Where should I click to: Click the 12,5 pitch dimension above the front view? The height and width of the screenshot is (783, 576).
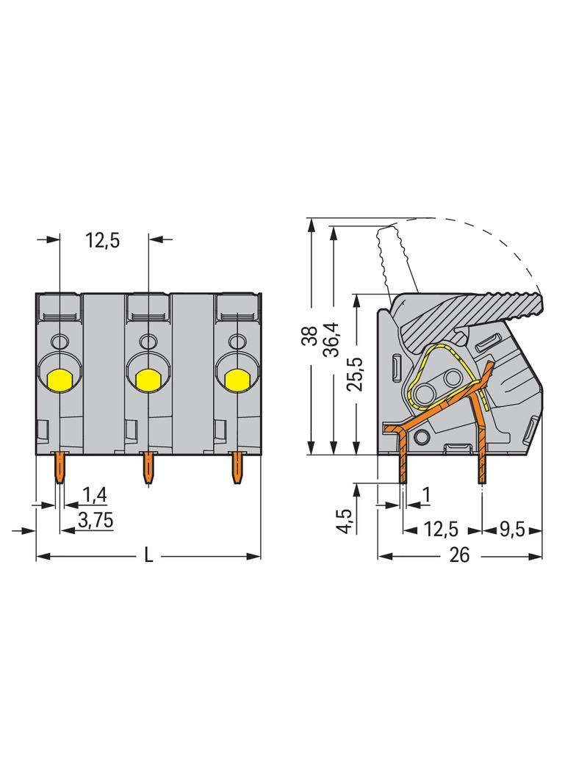(x=102, y=241)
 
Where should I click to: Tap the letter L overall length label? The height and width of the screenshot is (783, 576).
(x=148, y=555)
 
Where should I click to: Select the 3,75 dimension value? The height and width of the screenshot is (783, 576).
(x=96, y=520)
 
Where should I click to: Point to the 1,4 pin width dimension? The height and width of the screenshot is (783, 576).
(x=95, y=495)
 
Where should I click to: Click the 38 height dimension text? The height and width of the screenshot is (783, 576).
(x=310, y=336)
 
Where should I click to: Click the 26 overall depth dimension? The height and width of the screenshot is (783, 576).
(x=459, y=555)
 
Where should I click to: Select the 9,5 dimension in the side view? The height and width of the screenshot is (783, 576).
(x=512, y=529)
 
